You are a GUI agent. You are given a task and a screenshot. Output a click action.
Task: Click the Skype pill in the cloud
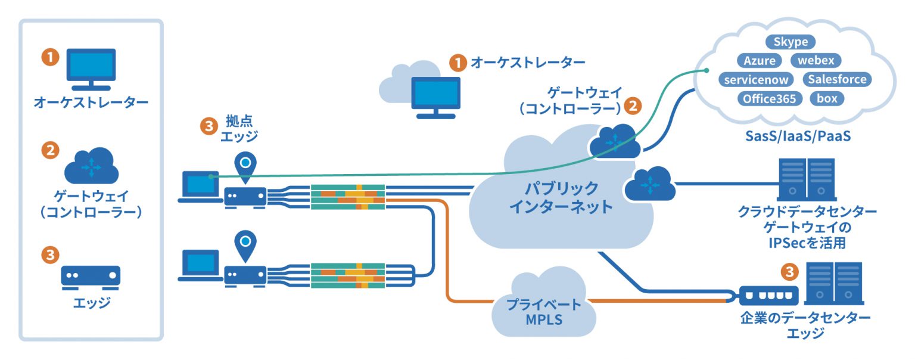click(790, 42)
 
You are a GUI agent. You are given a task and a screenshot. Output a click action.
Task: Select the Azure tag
click(760, 61)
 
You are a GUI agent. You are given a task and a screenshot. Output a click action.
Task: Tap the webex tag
click(816, 61)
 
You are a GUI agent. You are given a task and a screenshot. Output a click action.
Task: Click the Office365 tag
click(769, 99)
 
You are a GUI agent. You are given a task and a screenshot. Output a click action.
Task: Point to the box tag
click(827, 99)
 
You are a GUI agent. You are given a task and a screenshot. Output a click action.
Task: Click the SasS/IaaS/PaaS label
click(798, 136)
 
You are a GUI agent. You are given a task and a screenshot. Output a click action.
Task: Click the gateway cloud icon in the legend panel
click(91, 166)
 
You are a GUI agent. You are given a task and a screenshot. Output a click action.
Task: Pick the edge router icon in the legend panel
click(91, 276)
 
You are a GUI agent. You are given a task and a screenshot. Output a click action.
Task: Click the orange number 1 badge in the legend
click(50, 57)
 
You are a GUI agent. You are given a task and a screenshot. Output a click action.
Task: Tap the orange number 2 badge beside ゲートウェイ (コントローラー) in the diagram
click(633, 106)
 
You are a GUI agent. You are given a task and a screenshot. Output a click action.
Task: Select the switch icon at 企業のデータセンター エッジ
click(768, 294)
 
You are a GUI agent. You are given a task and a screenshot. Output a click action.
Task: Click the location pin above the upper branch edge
click(245, 165)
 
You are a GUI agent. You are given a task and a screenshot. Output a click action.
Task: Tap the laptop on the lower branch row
click(198, 266)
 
